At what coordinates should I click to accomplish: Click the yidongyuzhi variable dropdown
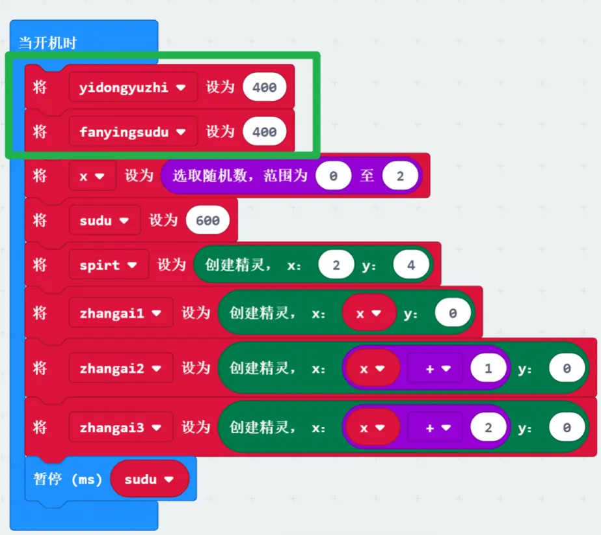[x=133, y=87]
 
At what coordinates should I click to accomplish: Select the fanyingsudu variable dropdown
[x=133, y=132]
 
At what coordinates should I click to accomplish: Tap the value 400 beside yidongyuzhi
[x=264, y=87]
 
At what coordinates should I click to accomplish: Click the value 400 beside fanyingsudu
[x=264, y=132]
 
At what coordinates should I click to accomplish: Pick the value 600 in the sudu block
[x=207, y=221]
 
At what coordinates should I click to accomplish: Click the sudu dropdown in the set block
[x=104, y=221]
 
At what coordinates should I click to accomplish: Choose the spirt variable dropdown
[x=109, y=266]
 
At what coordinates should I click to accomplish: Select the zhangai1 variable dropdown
[x=120, y=313]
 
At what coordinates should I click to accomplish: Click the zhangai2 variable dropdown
[x=120, y=368]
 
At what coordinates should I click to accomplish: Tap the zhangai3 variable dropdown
[x=120, y=428]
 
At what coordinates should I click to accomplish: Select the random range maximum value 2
[x=399, y=176]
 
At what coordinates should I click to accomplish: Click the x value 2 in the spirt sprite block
[x=336, y=266]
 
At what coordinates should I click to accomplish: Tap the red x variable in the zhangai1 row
[x=369, y=313]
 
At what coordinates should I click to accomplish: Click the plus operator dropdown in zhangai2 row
[x=434, y=368]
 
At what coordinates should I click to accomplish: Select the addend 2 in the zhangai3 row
[x=488, y=428]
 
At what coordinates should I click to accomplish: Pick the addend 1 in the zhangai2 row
[x=488, y=368]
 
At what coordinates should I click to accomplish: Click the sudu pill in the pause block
[x=150, y=480]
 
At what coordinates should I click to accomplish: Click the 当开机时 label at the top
[x=48, y=44]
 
